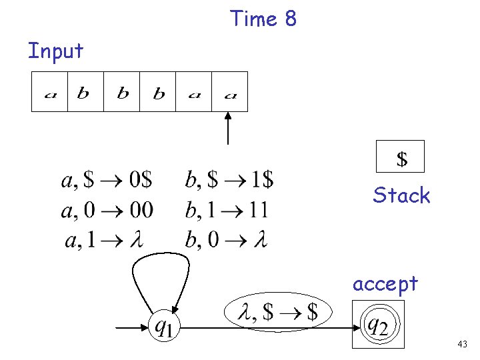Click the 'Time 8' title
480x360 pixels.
[263, 19]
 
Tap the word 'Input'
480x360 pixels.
[55, 51]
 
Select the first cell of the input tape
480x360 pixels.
[50, 92]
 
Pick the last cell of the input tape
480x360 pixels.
[230, 92]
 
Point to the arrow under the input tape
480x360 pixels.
[229, 128]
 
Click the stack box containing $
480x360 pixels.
[401, 157]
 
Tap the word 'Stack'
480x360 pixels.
[401, 195]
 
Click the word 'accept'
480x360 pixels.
[385, 284]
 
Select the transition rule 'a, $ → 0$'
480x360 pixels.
[107, 180]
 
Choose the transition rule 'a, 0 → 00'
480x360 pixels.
[107, 210]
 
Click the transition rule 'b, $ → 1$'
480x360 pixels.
[229, 180]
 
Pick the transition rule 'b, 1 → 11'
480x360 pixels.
[227, 210]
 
